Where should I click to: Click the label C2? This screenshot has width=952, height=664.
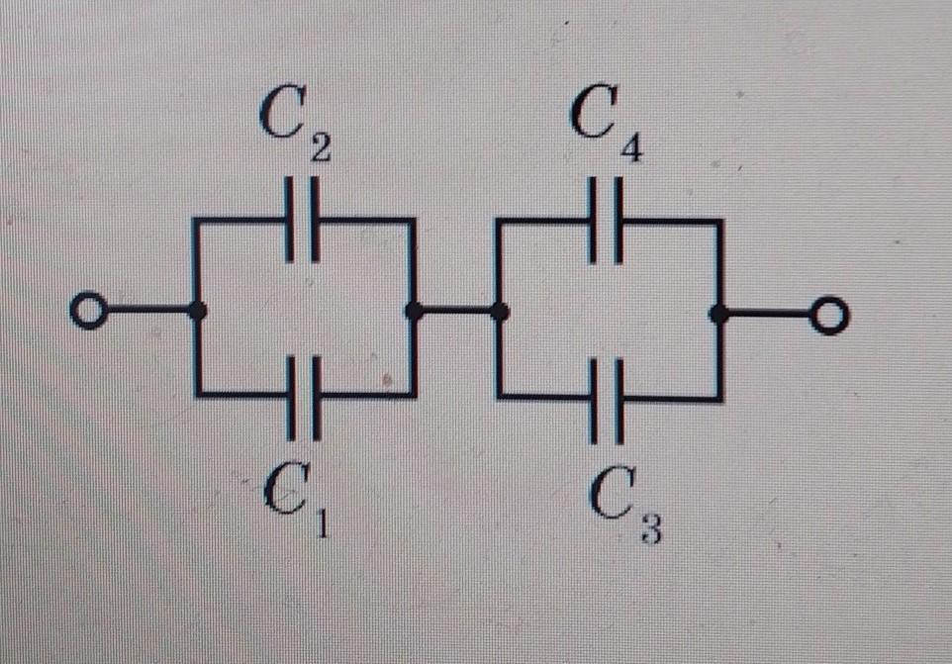point(295,125)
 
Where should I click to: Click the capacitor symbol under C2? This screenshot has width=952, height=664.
point(302,219)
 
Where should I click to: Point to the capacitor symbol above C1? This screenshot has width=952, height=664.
point(305,395)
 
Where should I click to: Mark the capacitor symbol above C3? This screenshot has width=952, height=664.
point(609,399)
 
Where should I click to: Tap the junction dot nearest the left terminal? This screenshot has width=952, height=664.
point(198,311)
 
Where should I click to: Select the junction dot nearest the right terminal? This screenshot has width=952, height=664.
point(718,315)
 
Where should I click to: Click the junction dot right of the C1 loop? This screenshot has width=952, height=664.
point(414,312)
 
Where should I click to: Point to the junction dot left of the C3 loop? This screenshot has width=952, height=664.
point(500,313)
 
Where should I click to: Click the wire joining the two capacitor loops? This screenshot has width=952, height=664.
point(456,312)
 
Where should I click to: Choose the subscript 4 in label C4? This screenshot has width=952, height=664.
point(630,150)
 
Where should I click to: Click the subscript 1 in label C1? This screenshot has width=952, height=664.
point(321,522)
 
